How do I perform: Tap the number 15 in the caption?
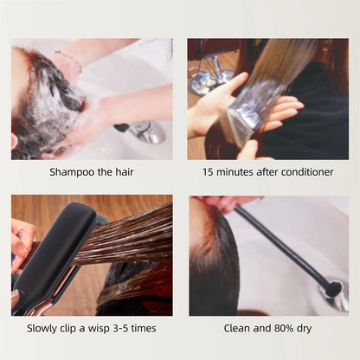[209, 171]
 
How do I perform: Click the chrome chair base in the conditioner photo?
[208, 78]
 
